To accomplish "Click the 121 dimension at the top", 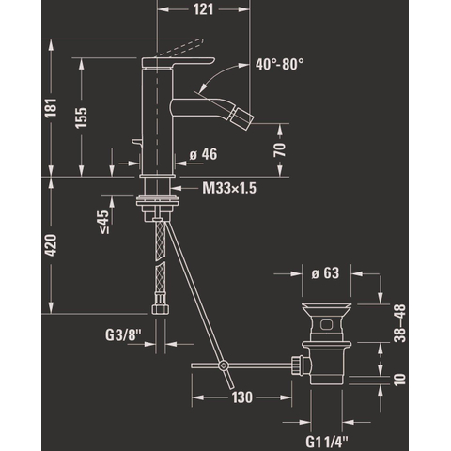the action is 203,9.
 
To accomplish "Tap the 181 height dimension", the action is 51,108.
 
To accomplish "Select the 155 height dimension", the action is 81,117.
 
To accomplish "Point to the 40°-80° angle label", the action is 279,65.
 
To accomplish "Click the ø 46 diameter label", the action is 203,154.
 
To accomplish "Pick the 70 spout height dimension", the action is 280,149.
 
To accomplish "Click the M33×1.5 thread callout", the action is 229,188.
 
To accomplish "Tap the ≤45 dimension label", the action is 104,222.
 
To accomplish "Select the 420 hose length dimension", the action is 51,245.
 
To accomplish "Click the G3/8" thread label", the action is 123,335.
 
